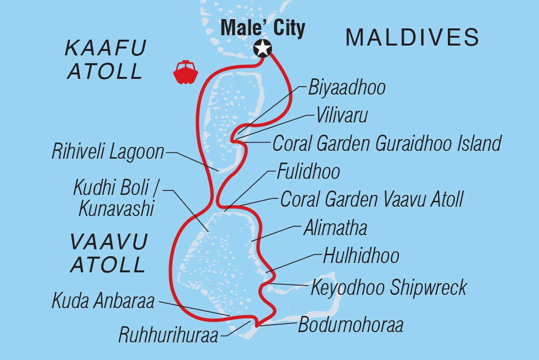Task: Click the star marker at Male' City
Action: pos(263,48)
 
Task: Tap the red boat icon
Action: pos(185,72)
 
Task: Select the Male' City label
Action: pos(263,28)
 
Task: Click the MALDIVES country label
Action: pos(412,37)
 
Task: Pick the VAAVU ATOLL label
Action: pos(109,253)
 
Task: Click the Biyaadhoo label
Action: pos(346,88)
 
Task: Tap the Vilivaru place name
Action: pos(342,116)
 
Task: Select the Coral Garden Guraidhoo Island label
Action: pos(387,144)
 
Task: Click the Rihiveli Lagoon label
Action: pos(108,152)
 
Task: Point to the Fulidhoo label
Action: pos(308,172)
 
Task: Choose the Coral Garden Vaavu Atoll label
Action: pos(371,199)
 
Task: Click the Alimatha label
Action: pos(335,228)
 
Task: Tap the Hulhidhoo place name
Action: pos(361,256)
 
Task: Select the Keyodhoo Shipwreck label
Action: pos(389,288)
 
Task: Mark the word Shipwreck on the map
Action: pos(428,288)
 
